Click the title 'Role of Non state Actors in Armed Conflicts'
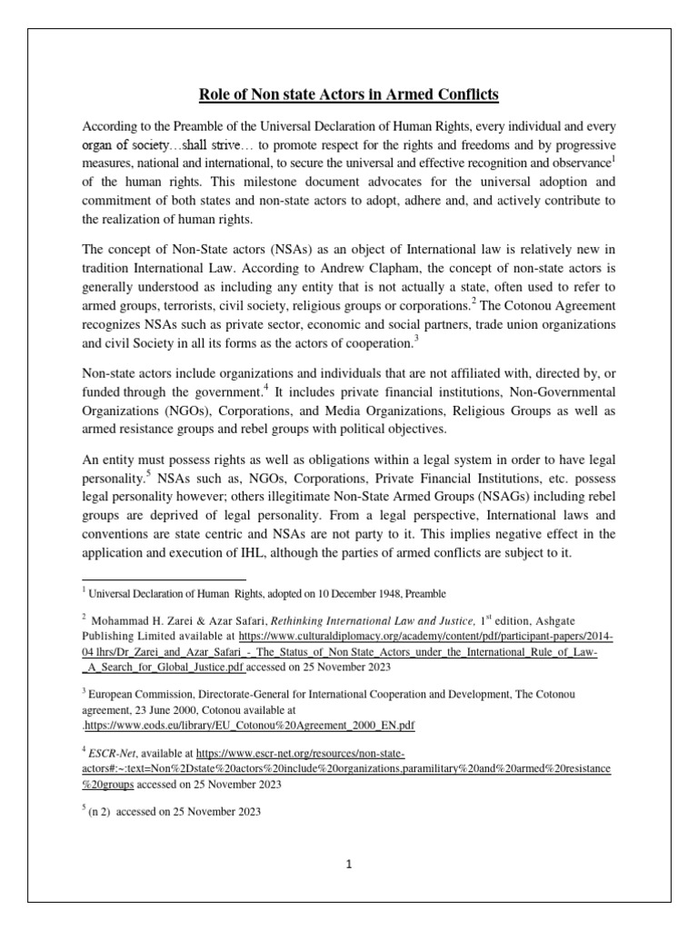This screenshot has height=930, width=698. coord(349,94)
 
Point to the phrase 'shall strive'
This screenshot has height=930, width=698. coord(210,145)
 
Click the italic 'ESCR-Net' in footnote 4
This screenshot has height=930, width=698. coord(112,754)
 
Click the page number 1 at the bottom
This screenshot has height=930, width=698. coord(349,866)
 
